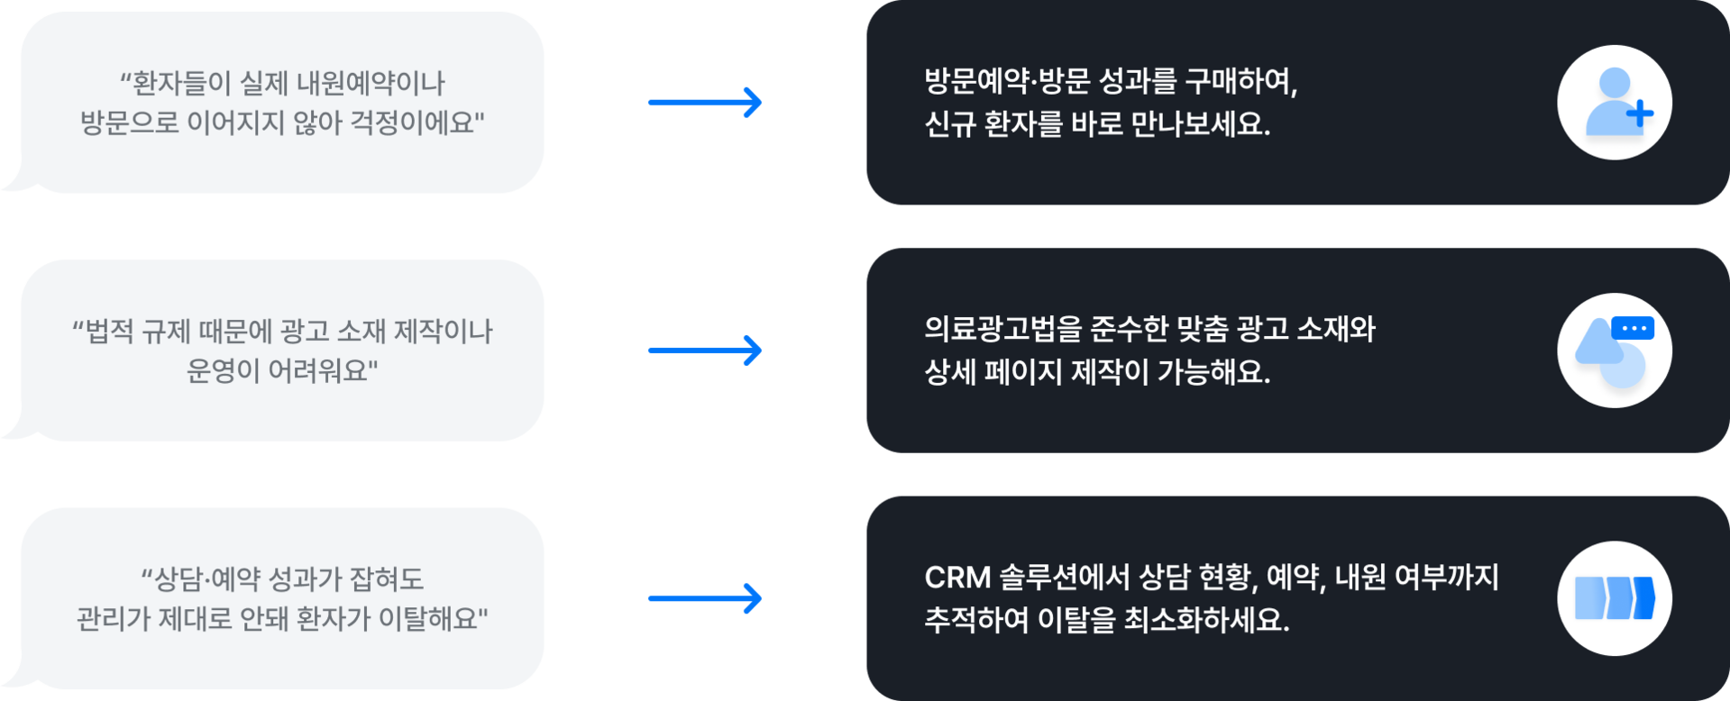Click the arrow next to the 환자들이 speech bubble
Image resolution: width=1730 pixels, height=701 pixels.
point(705,102)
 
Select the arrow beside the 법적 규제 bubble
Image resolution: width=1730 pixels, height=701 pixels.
point(705,350)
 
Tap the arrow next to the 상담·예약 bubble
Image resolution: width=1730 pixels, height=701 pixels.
point(705,598)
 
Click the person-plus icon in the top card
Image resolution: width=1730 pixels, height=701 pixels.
point(1614,103)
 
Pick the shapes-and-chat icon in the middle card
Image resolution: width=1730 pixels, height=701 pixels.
point(1614,350)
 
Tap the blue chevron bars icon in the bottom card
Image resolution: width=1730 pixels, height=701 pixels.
point(1614,598)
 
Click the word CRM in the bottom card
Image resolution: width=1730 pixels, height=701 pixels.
point(957,578)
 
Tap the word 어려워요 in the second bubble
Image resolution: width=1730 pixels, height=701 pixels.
point(323,370)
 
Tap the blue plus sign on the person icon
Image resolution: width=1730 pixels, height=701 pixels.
point(1640,114)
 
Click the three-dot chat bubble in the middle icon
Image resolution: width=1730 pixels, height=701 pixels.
point(1633,328)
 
